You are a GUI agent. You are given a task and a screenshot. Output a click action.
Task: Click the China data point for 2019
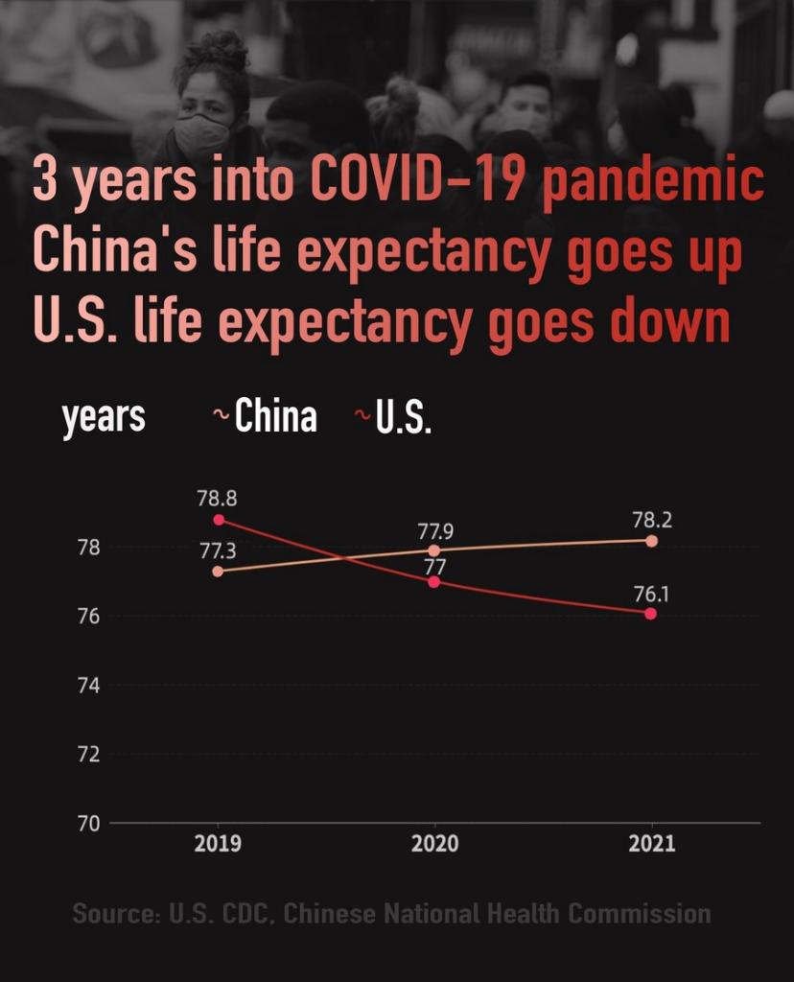click(x=218, y=572)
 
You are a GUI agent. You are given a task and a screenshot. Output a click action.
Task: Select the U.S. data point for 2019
click(x=219, y=520)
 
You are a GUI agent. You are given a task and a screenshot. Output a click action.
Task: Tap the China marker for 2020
click(x=434, y=550)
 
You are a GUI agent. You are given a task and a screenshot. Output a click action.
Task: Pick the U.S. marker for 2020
click(x=434, y=582)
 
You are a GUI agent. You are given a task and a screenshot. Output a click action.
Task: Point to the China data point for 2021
click(x=652, y=541)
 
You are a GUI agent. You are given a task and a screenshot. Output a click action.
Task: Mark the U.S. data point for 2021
click(x=651, y=614)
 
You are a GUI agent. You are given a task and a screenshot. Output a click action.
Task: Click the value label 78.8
click(x=217, y=499)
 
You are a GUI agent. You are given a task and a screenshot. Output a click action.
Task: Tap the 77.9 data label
click(x=435, y=530)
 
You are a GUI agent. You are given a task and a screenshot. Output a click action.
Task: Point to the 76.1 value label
click(x=651, y=594)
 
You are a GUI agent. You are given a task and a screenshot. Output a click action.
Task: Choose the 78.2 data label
click(x=652, y=520)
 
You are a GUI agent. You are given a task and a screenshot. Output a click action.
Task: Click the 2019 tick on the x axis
click(x=218, y=844)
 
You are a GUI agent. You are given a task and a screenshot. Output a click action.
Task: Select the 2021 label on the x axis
click(x=652, y=844)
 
